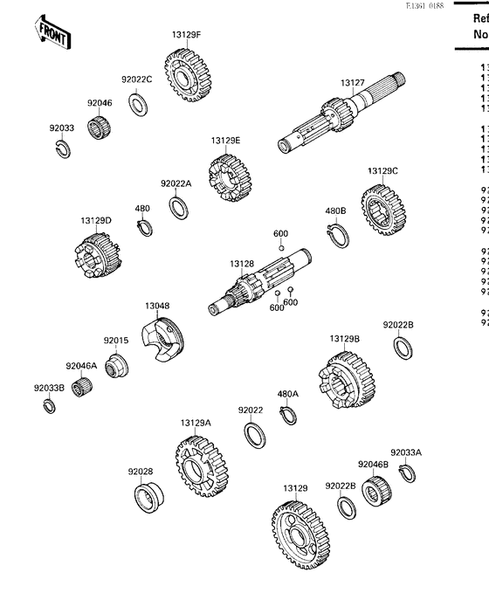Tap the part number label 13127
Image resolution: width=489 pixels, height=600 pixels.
point(353,83)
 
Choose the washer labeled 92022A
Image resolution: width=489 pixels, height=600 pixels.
point(179,209)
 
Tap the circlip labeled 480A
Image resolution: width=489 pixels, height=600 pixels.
point(287,415)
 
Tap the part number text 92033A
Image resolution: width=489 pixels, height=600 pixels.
point(405,452)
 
